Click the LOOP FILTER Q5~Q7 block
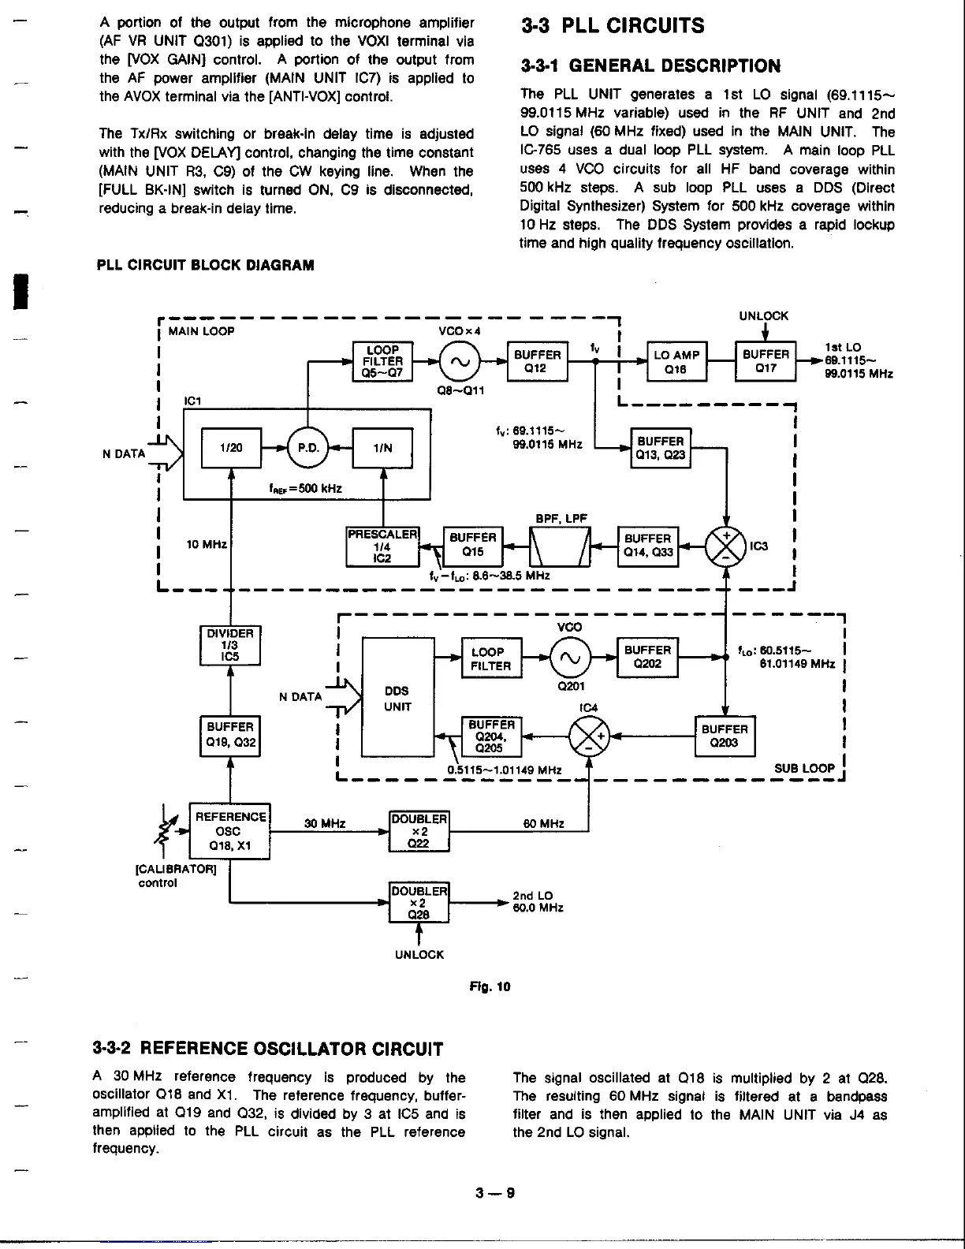click(382, 362)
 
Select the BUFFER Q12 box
click(537, 362)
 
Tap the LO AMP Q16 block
click(676, 362)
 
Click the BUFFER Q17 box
click(766, 361)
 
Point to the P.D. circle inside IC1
click(307, 448)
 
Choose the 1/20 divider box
click(231, 448)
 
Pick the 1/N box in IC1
click(382, 448)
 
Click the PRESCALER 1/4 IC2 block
click(382, 546)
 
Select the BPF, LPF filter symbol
click(560, 546)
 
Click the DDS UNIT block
click(397, 698)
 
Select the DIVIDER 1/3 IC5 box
click(230, 646)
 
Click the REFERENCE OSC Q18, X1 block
click(229, 831)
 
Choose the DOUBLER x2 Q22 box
click(419, 831)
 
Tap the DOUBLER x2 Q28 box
click(419, 902)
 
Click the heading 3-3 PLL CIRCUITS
click(613, 26)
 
